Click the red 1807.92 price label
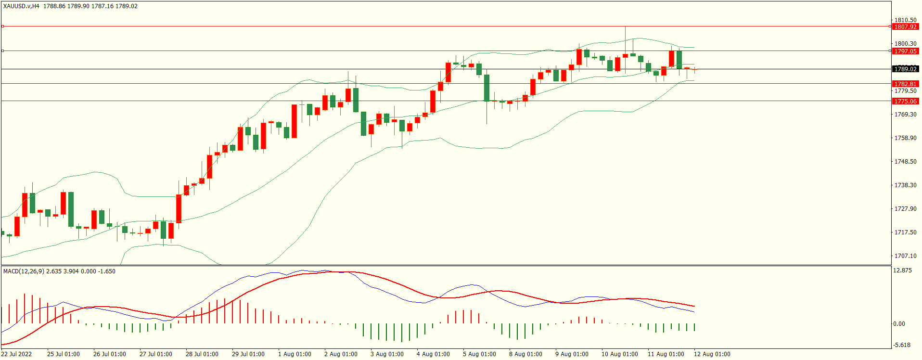click(x=905, y=27)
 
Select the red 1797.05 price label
click(x=905, y=51)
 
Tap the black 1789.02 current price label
click(x=905, y=69)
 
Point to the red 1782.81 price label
click(x=905, y=84)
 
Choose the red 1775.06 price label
click(x=905, y=101)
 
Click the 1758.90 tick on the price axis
click(x=905, y=138)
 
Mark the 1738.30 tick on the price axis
click(x=905, y=185)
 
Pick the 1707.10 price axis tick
click(x=905, y=256)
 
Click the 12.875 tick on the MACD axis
click(x=902, y=270)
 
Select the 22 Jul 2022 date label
click(x=16, y=354)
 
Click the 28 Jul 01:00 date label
click(x=202, y=354)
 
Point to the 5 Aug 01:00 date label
click(x=479, y=354)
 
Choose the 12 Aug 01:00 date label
click(x=712, y=354)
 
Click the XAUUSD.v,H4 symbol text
click(x=21, y=6)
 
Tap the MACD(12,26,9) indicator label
click(x=24, y=271)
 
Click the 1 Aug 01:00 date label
click(x=295, y=354)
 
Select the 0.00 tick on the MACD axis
click(x=899, y=324)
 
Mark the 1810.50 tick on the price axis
click(x=905, y=20)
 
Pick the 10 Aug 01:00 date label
click(x=619, y=354)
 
